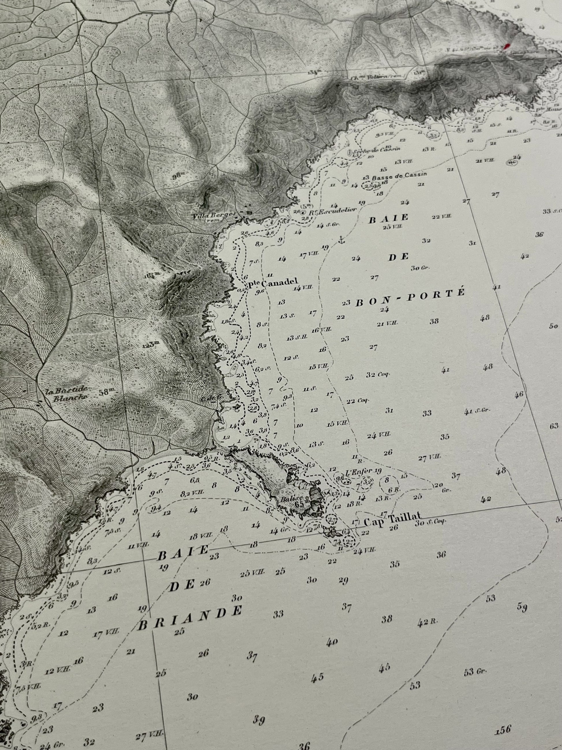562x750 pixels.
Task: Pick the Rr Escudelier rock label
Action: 332,210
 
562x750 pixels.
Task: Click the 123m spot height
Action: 150,345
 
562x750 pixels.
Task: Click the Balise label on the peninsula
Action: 289,499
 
